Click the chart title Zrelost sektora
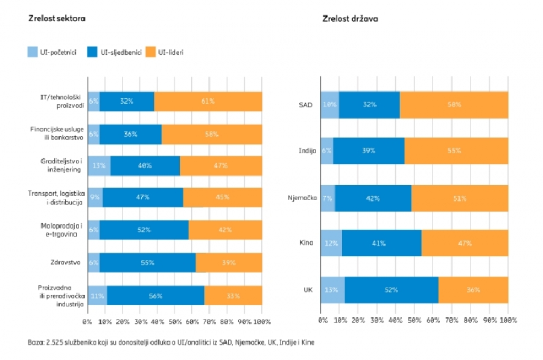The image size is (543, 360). click(x=57, y=19)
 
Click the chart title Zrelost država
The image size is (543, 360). click(x=351, y=19)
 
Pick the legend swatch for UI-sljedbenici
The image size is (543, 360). click(x=93, y=52)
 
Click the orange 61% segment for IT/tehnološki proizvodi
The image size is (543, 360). click(x=208, y=101)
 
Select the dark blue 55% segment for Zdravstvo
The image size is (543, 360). click(x=147, y=263)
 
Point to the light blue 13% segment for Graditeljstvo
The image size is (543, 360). click(x=99, y=166)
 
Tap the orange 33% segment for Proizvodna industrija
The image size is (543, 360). click(x=233, y=295)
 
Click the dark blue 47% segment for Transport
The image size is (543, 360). click(x=143, y=198)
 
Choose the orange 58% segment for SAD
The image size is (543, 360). click(x=454, y=104)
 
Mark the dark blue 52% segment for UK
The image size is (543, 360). click(x=392, y=289)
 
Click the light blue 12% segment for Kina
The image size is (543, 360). click(x=331, y=243)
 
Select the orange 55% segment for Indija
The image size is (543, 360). click(x=456, y=151)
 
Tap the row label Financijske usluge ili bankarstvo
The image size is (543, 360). click(x=56, y=133)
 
